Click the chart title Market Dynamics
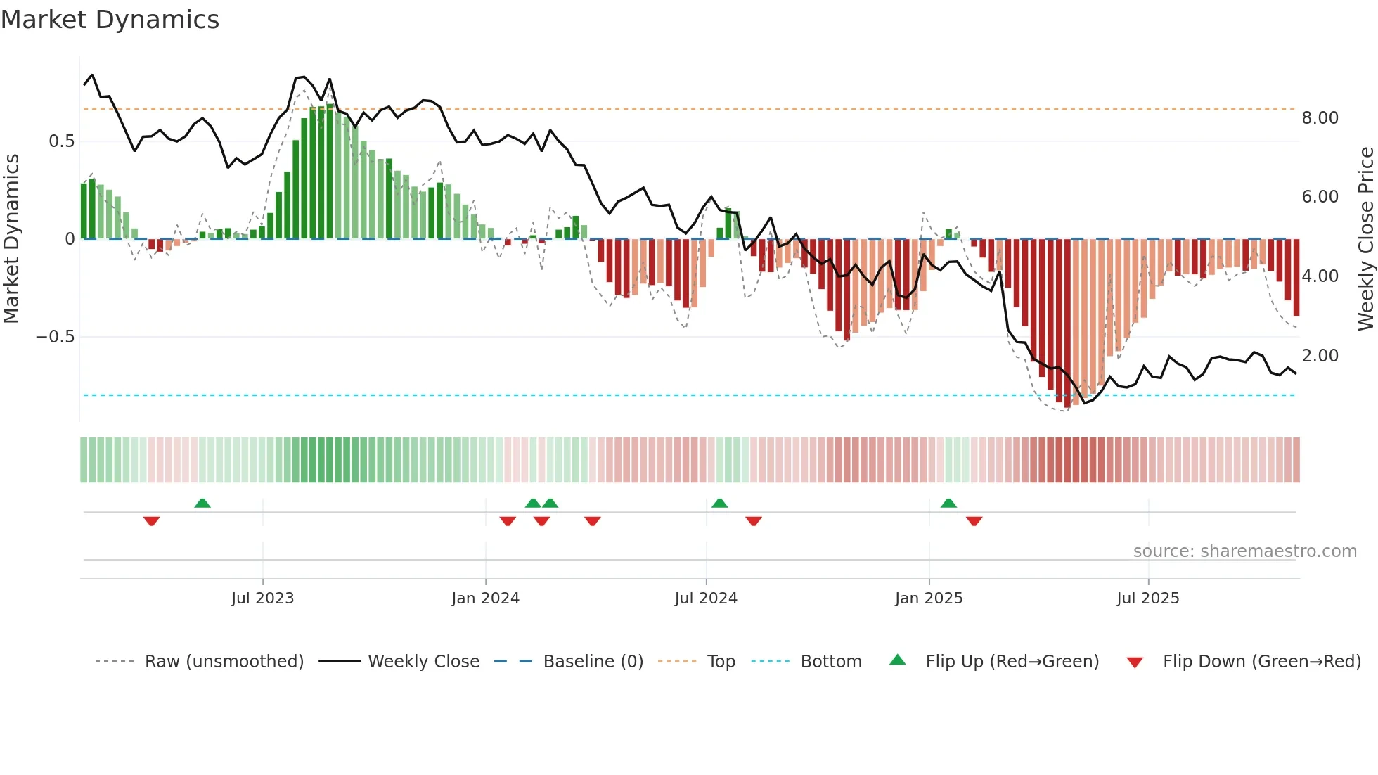point(110,20)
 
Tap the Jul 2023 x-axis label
point(262,598)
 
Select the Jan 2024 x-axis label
point(485,598)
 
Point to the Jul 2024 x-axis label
point(706,598)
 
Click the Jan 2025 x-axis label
point(929,598)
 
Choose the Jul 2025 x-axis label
point(1148,598)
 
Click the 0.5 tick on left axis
point(61,141)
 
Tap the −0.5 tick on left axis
point(55,337)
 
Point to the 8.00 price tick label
point(1320,118)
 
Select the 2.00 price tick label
point(1320,356)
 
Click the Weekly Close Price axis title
point(1366,238)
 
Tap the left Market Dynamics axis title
point(11,238)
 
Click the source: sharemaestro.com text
point(1244,551)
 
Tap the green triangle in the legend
point(898,660)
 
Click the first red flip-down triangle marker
point(151,521)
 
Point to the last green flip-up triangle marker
point(948,503)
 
